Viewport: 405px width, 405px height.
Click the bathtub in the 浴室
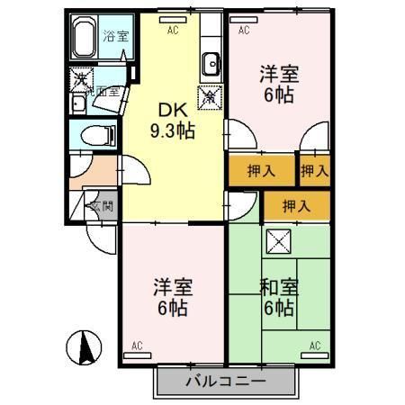[x=85, y=40]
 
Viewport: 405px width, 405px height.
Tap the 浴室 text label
[x=114, y=37]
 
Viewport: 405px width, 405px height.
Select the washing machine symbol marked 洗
[x=80, y=81]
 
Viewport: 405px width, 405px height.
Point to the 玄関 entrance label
[x=101, y=205]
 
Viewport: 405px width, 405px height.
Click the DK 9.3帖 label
[x=172, y=120]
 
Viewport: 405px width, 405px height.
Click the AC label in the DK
[x=172, y=29]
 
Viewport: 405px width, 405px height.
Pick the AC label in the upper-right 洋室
[x=244, y=29]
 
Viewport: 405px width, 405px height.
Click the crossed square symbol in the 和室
[x=278, y=241]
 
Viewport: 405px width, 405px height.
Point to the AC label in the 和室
[x=316, y=346]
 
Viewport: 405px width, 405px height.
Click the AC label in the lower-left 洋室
[x=137, y=346]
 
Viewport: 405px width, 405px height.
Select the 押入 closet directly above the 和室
[x=296, y=206]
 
